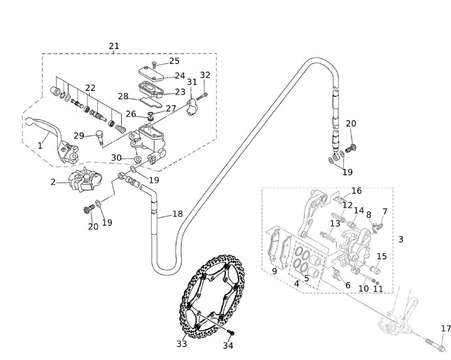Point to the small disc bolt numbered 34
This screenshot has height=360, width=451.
click(231, 333)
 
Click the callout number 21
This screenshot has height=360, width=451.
click(114, 46)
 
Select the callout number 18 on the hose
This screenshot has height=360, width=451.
click(178, 214)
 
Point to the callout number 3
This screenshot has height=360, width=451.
click(400, 239)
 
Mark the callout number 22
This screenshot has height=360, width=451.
click(90, 88)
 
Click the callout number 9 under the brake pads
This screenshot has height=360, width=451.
click(274, 272)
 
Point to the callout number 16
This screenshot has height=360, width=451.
click(356, 191)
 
